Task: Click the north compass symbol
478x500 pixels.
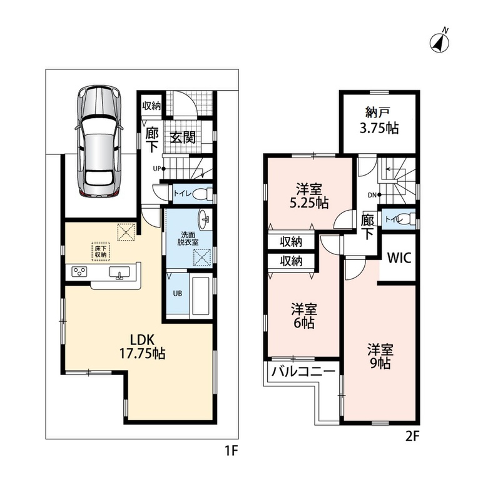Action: [x=440, y=41]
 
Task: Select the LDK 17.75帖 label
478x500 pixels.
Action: [x=142, y=347]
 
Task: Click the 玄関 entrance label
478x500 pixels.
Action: [x=182, y=137]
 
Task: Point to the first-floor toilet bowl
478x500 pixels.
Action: [x=202, y=193]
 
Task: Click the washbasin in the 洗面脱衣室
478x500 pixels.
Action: [x=205, y=219]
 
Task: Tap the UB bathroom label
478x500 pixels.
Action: [x=178, y=293]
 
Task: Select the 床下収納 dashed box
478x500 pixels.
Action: [x=101, y=252]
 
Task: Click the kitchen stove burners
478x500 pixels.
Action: [x=79, y=272]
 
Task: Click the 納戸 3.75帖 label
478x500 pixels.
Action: [x=379, y=121]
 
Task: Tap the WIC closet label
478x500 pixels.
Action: [x=399, y=257]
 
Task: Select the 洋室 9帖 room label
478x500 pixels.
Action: [x=380, y=356]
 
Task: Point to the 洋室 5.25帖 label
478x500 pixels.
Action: [x=309, y=196]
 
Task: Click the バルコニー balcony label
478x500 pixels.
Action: [x=303, y=371]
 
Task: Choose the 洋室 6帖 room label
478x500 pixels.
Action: [x=304, y=316]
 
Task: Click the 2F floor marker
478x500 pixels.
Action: [x=412, y=436]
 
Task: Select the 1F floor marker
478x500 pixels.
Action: [x=231, y=451]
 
